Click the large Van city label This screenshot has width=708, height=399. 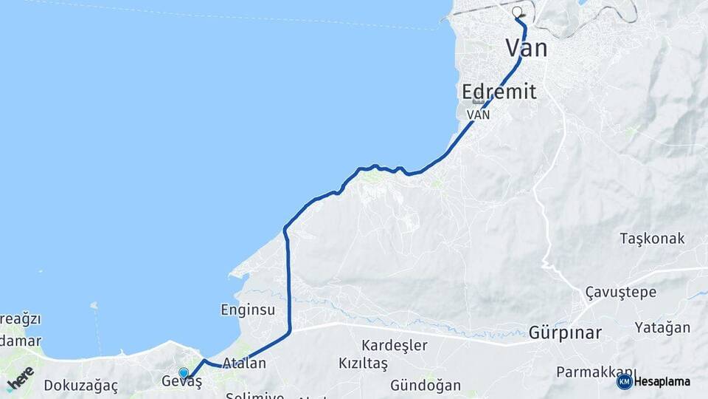527,50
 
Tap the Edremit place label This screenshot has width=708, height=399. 499,92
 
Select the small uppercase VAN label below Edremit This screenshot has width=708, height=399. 479,115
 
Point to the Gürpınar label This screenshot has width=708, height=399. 565,332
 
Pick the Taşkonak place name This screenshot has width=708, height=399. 652,239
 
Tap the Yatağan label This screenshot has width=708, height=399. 663,327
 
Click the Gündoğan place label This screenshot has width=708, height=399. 426,385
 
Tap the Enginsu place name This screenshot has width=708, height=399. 248,310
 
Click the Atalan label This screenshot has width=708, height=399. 244,364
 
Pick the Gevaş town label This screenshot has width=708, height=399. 181,382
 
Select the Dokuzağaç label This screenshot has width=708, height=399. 80,385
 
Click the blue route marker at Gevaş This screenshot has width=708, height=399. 184,373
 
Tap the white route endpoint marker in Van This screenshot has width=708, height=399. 517,12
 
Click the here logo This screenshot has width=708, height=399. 20,378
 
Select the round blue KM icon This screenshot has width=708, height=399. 624,381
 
